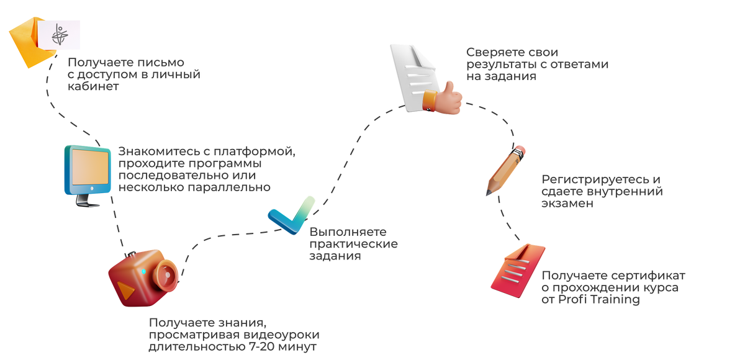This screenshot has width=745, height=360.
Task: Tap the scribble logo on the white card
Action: click(60, 36)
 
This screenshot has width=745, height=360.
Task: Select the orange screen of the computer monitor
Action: click(89, 168)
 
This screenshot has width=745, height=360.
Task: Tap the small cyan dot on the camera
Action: click(144, 272)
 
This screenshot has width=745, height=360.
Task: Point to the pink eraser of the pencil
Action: click(521, 150)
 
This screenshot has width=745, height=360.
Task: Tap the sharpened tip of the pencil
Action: click(487, 194)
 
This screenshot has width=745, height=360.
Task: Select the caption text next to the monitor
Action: click(204, 169)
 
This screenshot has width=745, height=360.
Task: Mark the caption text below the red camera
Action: click(233, 336)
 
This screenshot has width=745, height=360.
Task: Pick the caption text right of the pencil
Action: click(602, 191)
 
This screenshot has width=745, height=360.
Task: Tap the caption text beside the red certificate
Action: click(613, 288)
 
